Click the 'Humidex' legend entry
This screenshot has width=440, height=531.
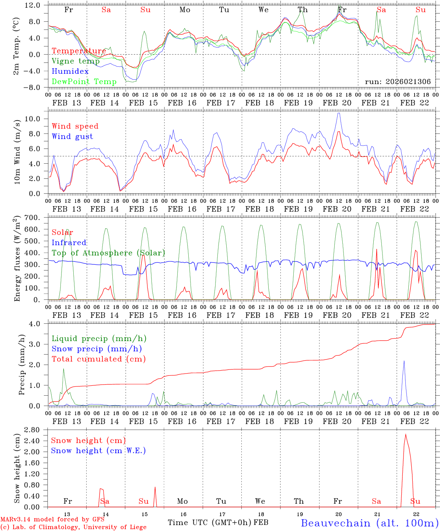click(70, 72)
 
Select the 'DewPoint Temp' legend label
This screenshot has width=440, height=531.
click(84, 82)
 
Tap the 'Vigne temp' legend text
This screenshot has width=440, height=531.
click(76, 61)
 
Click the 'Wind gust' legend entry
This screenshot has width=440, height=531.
click(72, 136)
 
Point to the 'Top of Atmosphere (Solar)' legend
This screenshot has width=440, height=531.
click(108, 253)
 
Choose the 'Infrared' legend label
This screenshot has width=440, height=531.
click(69, 243)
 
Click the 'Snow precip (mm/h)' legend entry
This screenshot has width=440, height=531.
click(97, 349)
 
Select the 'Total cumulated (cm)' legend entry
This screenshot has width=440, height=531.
click(98, 359)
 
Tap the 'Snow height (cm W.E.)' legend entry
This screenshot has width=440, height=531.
click(98, 451)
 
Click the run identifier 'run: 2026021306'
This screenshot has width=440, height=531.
click(398, 82)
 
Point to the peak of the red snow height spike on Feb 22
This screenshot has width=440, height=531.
click(406, 434)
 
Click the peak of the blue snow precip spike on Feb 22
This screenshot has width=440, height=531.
click(404, 361)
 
